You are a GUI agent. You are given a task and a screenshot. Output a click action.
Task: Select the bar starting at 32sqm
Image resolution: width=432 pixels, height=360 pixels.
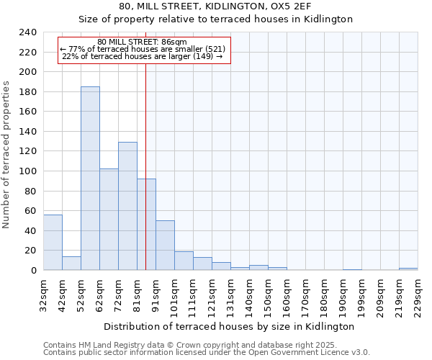[x=53, y=243]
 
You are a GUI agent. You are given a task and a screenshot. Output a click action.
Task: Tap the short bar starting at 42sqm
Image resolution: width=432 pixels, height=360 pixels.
[x=71, y=264]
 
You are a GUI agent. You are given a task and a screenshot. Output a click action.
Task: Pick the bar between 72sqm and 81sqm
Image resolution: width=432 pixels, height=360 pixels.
[x=127, y=206]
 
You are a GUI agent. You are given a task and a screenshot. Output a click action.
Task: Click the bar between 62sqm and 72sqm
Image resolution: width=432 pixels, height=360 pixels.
[x=109, y=220]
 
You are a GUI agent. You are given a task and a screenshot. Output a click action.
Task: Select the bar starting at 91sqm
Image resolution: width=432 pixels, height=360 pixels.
[x=165, y=246]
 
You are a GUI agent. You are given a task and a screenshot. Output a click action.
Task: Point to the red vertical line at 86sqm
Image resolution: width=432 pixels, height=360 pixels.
[x=146, y=158]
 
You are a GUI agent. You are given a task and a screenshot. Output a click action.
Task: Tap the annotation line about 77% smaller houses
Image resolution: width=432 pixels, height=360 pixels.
[x=143, y=49]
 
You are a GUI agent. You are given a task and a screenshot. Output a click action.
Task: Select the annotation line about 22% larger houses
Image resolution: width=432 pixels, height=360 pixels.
[x=143, y=56]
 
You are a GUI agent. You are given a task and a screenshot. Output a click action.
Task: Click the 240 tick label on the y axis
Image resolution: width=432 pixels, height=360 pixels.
[x=28, y=32]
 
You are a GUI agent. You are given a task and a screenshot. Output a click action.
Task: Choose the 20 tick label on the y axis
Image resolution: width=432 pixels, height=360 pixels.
[x=31, y=251]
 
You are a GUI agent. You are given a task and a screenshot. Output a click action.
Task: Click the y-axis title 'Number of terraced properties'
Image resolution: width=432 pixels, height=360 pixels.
[x=7, y=154]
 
